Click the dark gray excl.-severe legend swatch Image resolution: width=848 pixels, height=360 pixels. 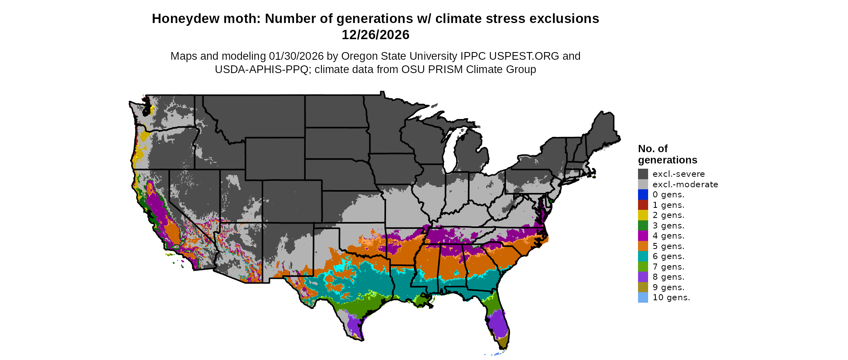(643, 174)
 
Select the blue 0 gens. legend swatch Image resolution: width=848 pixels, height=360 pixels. (643, 195)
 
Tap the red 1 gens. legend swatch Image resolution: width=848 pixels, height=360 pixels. (643, 205)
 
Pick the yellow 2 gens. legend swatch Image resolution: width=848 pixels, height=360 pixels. (643, 215)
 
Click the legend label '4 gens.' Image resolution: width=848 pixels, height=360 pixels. (668, 236)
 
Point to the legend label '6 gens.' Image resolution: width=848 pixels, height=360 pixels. (668, 256)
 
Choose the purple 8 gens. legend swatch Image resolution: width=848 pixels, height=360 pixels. (643, 277)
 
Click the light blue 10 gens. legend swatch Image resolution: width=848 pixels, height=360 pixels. (643, 297)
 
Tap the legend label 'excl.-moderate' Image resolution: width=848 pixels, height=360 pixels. (685, 184)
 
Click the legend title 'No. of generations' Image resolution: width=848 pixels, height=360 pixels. (667, 154)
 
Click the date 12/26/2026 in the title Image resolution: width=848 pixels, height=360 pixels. (375, 35)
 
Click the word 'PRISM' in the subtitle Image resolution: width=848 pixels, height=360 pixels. (446, 69)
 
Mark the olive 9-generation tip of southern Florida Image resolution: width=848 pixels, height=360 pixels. (503, 343)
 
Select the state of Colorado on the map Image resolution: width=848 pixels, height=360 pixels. (292, 201)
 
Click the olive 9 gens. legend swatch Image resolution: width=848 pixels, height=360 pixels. (643, 287)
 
